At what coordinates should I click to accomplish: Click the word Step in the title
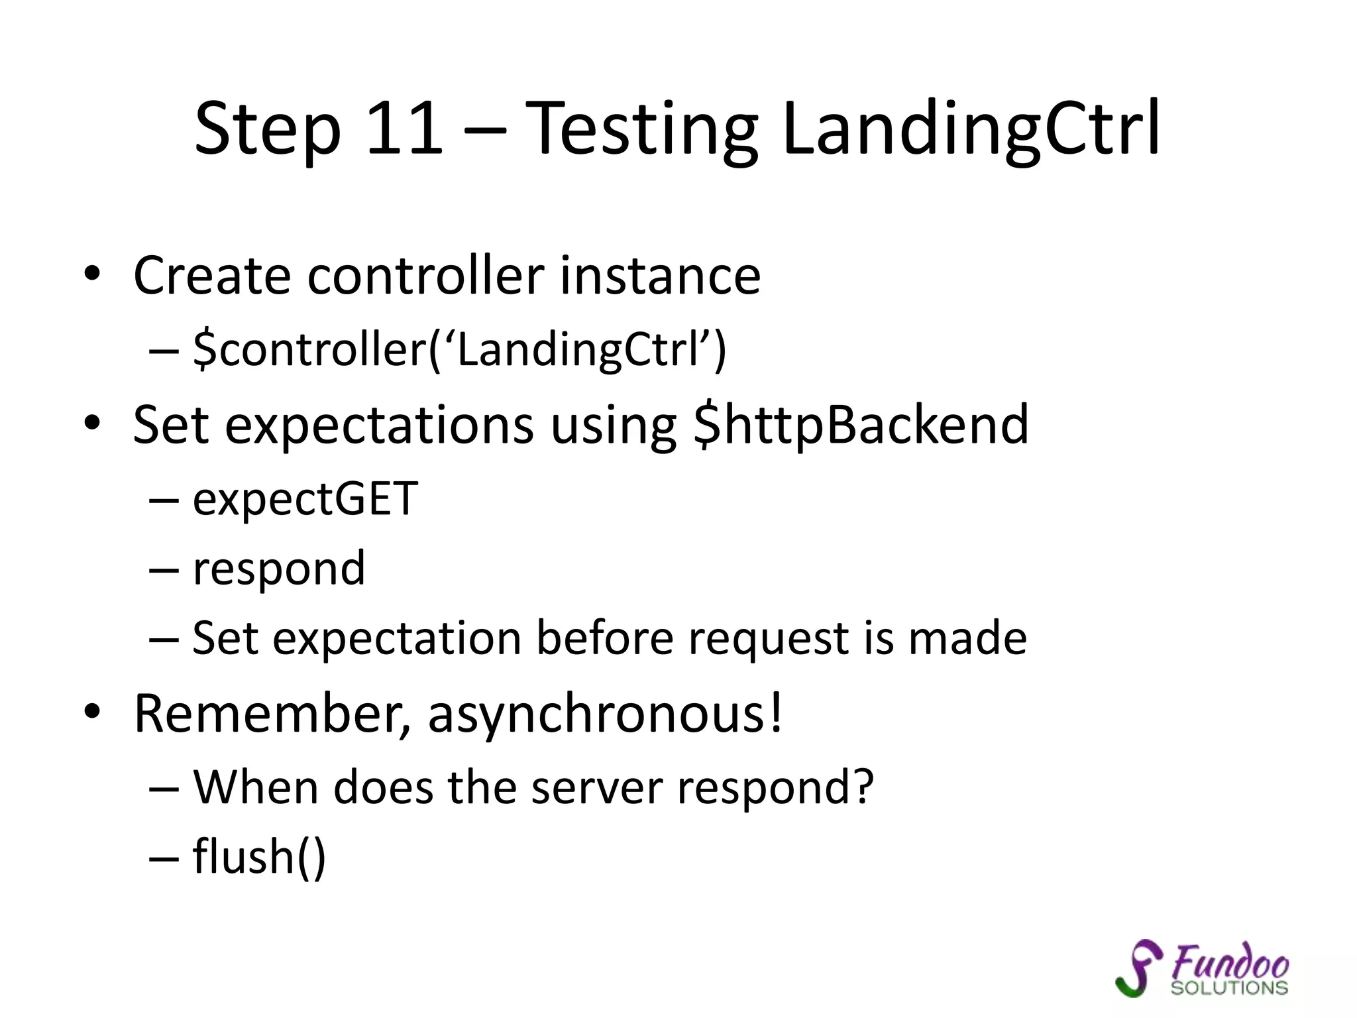pyautogui.click(x=268, y=129)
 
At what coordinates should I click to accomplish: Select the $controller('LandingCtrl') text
pyautogui.click(x=459, y=349)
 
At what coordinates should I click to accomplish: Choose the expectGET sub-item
pyautogui.click(x=305, y=498)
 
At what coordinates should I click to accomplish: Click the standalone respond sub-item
pyautogui.click(x=279, y=569)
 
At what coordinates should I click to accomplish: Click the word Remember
pyautogui.click(x=272, y=714)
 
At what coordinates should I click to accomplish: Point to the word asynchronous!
pyautogui.click(x=605, y=715)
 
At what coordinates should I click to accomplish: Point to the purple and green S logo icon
pyautogui.click(x=1138, y=968)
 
